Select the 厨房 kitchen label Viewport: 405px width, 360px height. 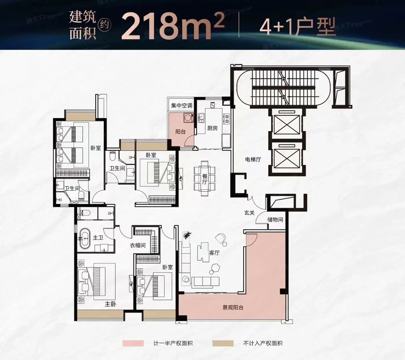pyautogui.click(x=212, y=128)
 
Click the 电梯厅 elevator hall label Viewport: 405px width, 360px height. pyautogui.click(x=253, y=160)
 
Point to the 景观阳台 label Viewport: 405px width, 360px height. pyautogui.click(x=233, y=308)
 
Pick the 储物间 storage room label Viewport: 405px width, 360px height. pyautogui.click(x=275, y=220)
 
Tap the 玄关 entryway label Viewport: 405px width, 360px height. pyautogui.click(x=249, y=213)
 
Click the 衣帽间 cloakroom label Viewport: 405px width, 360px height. pyautogui.click(x=137, y=245)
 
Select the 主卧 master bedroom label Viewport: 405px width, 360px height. pyautogui.click(x=110, y=304)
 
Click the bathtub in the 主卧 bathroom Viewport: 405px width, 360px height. pyautogui.click(x=85, y=239)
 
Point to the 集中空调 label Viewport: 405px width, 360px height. pyautogui.click(x=181, y=105)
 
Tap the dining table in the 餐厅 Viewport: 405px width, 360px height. pyautogui.click(x=205, y=178)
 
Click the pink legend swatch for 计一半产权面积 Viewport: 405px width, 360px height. pyautogui.click(x=133, y=343)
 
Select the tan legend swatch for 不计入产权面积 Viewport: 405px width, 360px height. pyautogui.click(x=223, y=343)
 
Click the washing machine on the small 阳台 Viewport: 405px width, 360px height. pyautogui.click(x=188, y=118)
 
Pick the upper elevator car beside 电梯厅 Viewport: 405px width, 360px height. pyautogui.click(x=287, y=125)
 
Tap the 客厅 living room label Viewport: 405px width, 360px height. pyautogui.click(x=214, y=253)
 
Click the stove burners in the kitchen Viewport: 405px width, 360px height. pyautogui.click(x=227, y=118)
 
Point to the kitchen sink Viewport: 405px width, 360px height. pyautogui.click(x=201, y=118)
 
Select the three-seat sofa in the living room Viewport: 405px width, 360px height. pyautogui.click(x=205, y=282)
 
